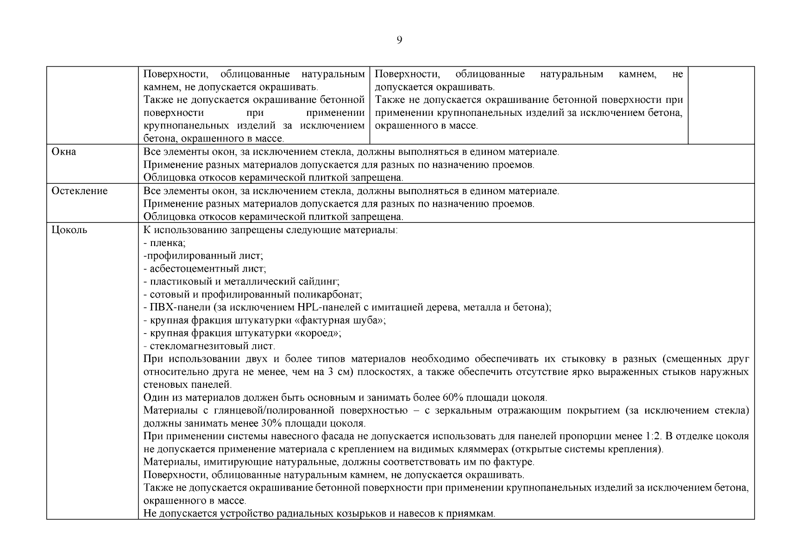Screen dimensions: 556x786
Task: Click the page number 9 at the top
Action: [399, 40]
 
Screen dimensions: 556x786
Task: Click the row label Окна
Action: [64, 152]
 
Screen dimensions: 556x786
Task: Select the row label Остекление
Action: [79, 191]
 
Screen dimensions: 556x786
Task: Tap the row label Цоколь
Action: [69, 230]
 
